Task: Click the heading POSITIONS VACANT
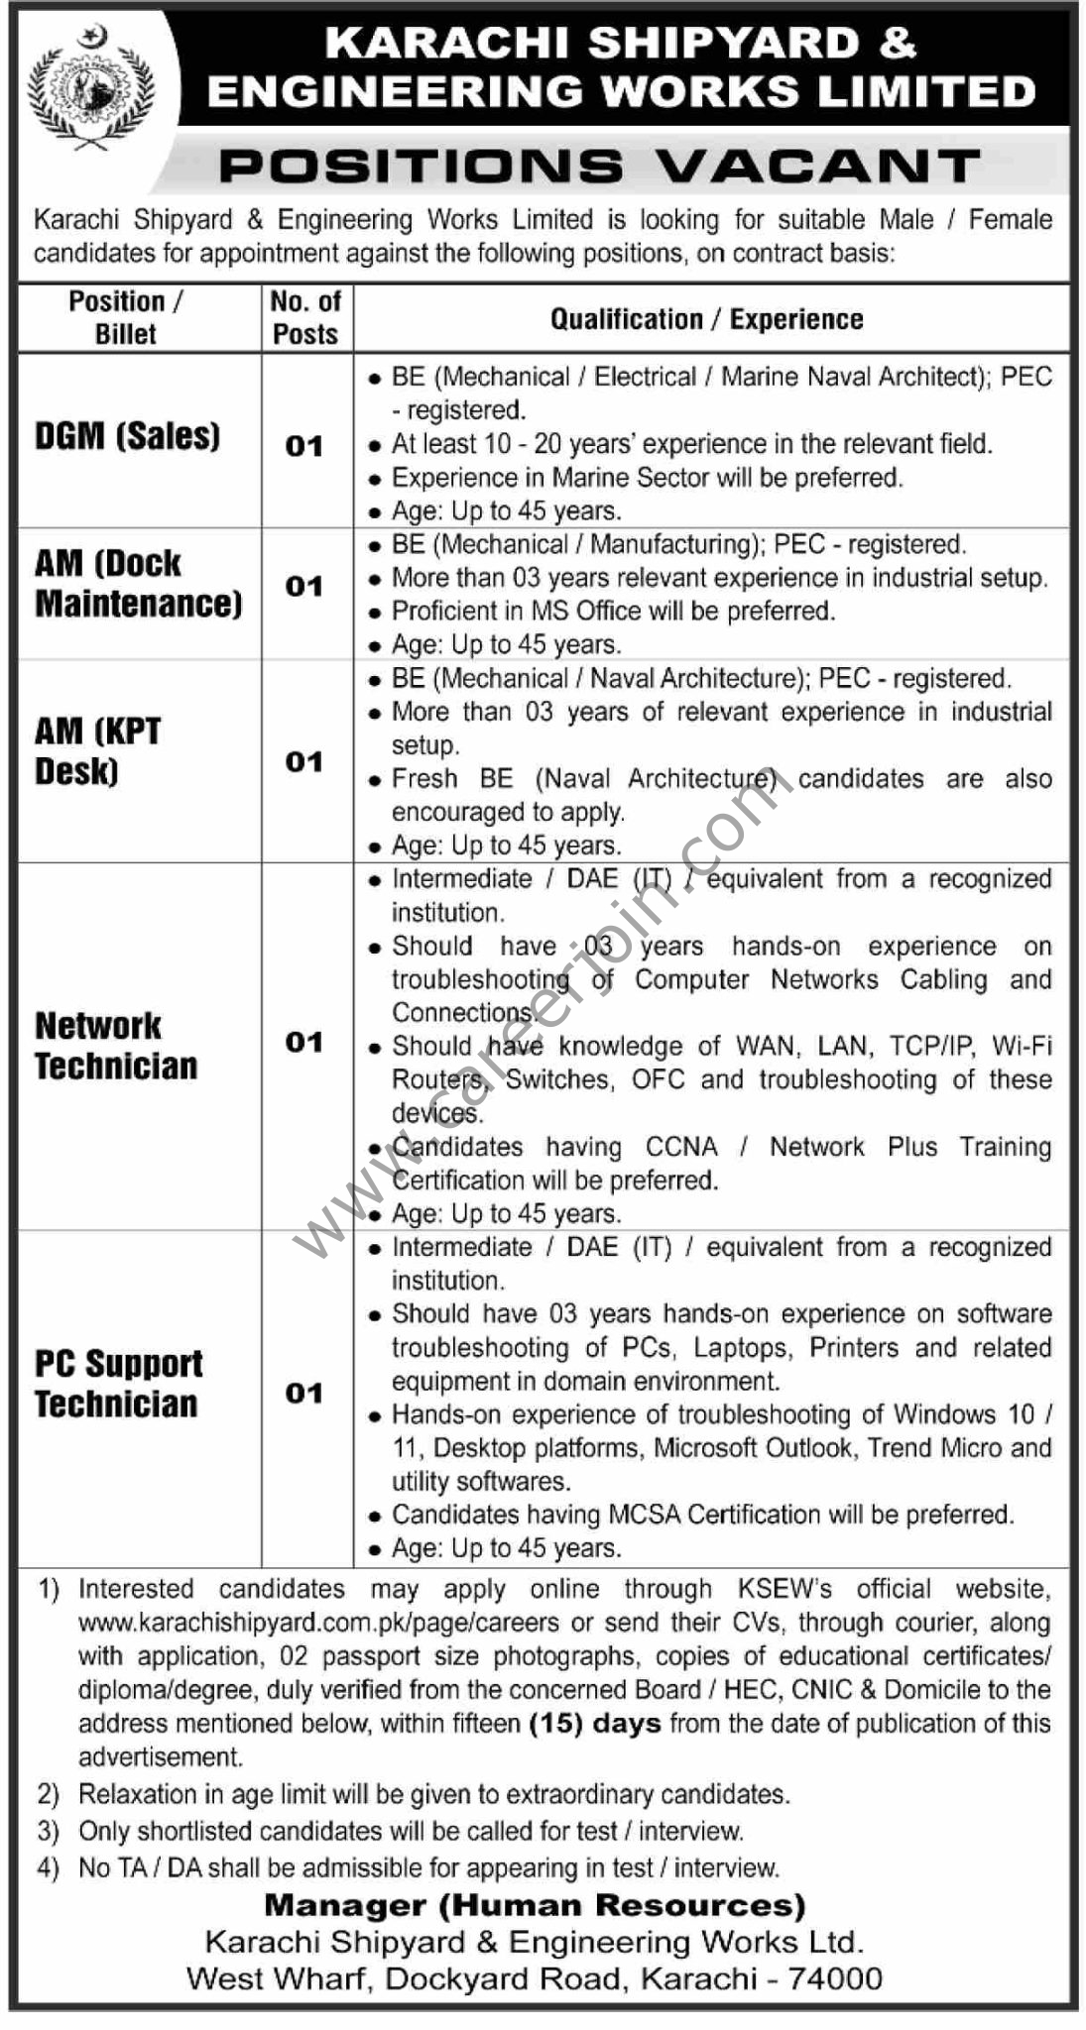tap(599, 166)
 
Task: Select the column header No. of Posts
tap(305, 317)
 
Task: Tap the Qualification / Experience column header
tap(706, 319)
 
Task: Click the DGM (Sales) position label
tap(128, 435)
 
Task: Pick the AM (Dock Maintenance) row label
tap(138, 583)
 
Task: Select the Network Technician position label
tap(116, 1046)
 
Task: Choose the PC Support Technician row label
tap(118, 1384)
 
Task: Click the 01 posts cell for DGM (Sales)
tap(304, 447)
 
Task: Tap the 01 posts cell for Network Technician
tap(304, 1042)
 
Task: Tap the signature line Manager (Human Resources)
tap(535, 1905)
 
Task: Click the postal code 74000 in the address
tap(834, 1978)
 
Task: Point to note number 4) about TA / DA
tap(49, 1867)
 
